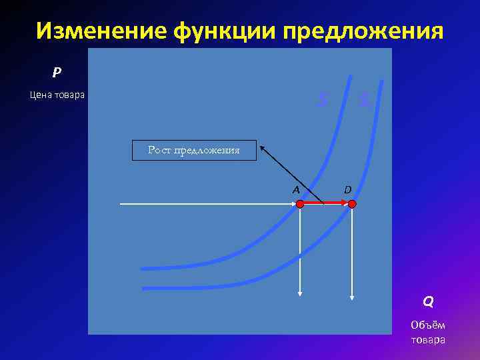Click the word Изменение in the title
(x=99, y=31)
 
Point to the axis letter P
(x=57, y=71)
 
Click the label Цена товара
(x=57, y=95)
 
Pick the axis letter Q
(x=428, y=301)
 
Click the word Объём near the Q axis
(x=428, y=325)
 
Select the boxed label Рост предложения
(x=194, y=151)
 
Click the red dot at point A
(x=300, y=204)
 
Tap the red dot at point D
(x=352, y=204)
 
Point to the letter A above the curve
(x=295, y=189)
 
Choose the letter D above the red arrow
(x=347, y=189)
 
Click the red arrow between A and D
(x=326, y=204)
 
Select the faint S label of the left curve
(x=323, y=100)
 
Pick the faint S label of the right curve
(x=363, y=100)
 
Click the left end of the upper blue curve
(x=143, y=269)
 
